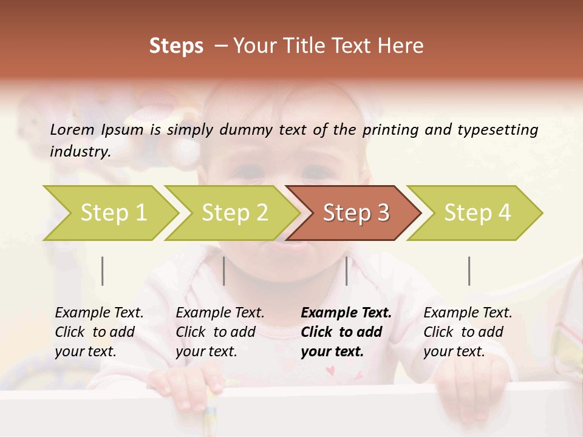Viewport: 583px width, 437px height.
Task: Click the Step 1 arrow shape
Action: [x=112, y=213]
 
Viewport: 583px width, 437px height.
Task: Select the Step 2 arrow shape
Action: [x=234, y=213]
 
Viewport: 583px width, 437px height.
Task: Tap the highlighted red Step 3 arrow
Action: [x=355, y=213]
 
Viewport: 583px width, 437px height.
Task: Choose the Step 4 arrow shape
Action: [x=477, y=213]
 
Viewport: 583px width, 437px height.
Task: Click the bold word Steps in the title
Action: [x=176, y=46]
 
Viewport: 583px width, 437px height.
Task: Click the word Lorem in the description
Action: [x=72, y=129]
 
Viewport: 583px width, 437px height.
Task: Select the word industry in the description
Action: [x=79, y=152]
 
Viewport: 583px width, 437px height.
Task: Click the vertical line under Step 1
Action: [x=103, y=271]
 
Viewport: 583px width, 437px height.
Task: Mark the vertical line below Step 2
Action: [x=224, y=271]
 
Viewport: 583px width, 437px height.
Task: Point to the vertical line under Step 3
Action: [x=346, y=271]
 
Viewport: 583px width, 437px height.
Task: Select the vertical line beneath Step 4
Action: [x=469, y=271]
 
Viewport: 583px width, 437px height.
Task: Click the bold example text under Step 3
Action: [x=346, y=332]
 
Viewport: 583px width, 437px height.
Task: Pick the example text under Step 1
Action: [x=99, y=332]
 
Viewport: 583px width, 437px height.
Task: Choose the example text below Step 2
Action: [x=220, y=332]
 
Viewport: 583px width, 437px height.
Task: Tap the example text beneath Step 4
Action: [x=468, y=332]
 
